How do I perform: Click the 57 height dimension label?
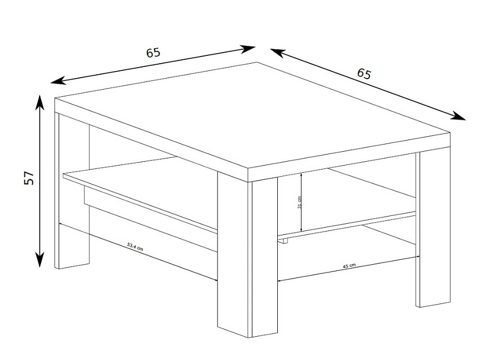[x=29, y=178]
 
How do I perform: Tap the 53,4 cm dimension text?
[x=135, y=247]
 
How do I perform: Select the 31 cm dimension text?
[x=299, y=202]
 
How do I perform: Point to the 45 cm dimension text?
[x=349, y=266]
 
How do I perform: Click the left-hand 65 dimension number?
[x=153, y=53]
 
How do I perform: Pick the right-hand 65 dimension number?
[x=364, y=74]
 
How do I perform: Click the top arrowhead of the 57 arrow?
[x=39, y=102]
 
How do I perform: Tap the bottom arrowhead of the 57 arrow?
[x=39, y=260]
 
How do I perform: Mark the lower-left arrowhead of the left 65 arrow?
[x=58, y=81]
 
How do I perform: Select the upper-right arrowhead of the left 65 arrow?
[x=248, y=49]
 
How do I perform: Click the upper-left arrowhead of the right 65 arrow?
[x=277, y=53]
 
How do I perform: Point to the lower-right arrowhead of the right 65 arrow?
[x=458, y=116]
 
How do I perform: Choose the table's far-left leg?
[x=72, y=191]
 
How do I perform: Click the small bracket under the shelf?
[x=283, y=241]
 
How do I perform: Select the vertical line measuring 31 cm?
[x=302, y=202]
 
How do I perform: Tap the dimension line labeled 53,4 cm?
[x=138, y=252]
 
